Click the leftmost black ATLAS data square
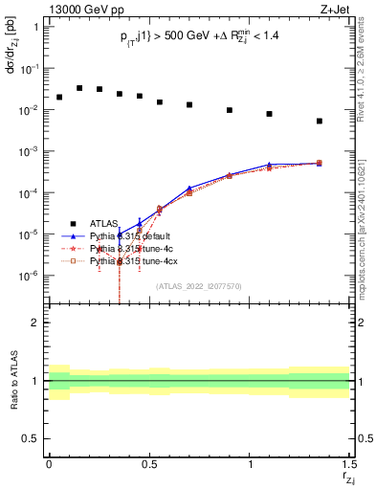59,97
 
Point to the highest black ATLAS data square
79,87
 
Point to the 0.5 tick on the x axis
149,464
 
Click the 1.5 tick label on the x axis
349,464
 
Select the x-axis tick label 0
49,464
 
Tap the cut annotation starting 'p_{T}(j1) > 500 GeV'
199,37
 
